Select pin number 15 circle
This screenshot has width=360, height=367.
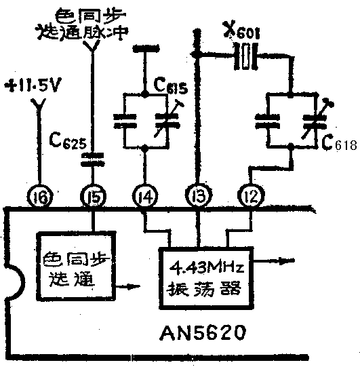click(92, 198)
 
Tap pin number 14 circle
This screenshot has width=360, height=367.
click(145, 198)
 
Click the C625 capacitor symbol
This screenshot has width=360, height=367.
click(92, 160)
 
